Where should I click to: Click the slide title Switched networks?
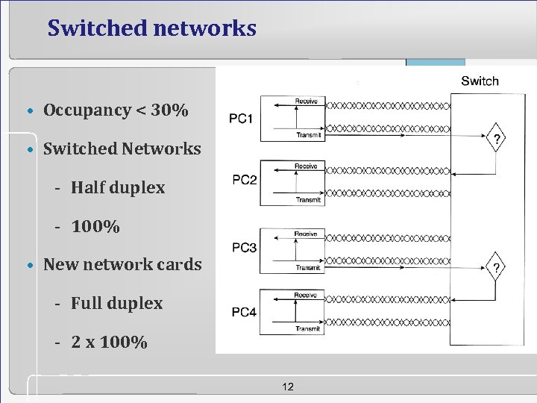pos(151,28)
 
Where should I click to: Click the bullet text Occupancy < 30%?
pos(116,110)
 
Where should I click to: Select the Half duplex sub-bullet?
pos(117,187)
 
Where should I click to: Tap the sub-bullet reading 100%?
pos(95,226)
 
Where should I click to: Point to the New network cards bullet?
pos(122,264)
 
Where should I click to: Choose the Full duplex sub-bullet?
pos(116,303)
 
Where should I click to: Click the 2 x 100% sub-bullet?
pos(109,343)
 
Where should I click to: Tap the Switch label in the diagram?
pos(480,81)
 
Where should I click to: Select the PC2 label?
pos(245,180)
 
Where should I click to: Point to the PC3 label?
pos(244,247)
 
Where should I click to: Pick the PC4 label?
pos(244,312)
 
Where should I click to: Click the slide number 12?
pos(289,386)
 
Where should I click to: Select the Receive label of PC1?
pos(306,101)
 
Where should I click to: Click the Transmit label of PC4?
pos(308,328)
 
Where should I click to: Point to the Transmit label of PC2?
pos(308,200)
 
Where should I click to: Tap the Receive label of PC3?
pos(306,234)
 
